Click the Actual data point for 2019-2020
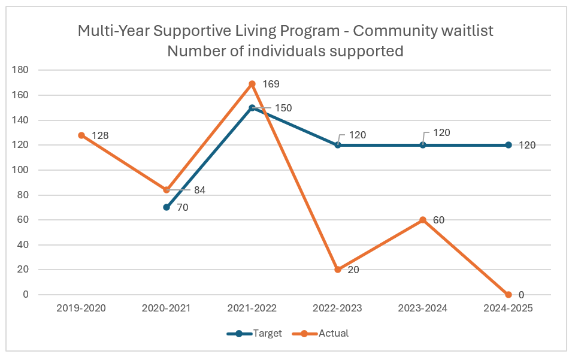point(81,135)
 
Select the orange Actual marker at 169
point(252,84)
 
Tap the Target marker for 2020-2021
point(167,207)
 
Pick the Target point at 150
point(252,108)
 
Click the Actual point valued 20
point(338,270)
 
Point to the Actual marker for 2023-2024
point(423,220)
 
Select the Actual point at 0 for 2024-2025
point(509,295)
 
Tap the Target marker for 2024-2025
point(509,145)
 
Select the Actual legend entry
point(334,334)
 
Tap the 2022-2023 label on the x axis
point(338,308)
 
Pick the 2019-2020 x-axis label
point(81,308)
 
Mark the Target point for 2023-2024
point(423,145)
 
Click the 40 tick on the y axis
point(23,245)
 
